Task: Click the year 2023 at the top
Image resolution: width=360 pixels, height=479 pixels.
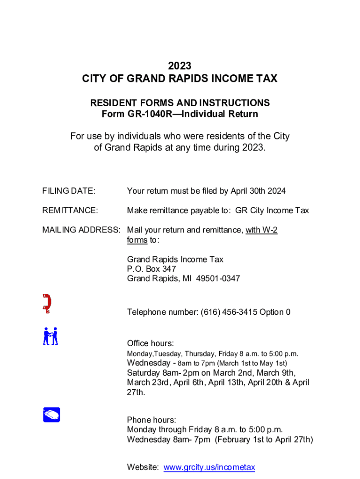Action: click(180, 66)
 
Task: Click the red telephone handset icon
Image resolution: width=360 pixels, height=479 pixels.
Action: click(47, 303)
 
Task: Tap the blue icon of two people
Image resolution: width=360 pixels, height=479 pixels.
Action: click(50, 336)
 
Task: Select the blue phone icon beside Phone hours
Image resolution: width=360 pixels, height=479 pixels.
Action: click(51, 414)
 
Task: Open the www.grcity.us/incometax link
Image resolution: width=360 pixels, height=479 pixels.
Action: click(209, 467)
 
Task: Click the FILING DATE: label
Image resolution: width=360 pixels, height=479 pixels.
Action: click(69, 191)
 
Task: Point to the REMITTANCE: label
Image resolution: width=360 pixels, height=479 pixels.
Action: click(70, 210)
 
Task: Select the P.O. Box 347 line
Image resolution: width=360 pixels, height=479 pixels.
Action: click(151, 269)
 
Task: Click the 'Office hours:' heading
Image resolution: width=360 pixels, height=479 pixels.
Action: click(151, 344)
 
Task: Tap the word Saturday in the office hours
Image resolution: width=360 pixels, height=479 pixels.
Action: click(144, 373)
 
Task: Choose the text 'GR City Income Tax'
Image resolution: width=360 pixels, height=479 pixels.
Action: click(272, 210)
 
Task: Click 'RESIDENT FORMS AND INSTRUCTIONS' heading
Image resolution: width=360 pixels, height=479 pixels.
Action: click(180, 103)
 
